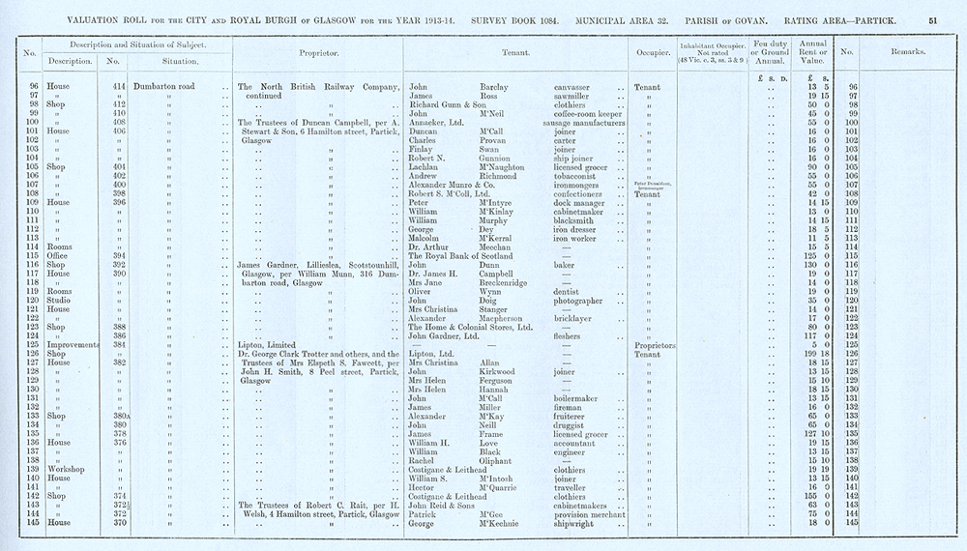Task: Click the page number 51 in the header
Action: pos(932,17)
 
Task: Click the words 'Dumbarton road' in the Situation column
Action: pos(171,87)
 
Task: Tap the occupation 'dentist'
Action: pos(571,290)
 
